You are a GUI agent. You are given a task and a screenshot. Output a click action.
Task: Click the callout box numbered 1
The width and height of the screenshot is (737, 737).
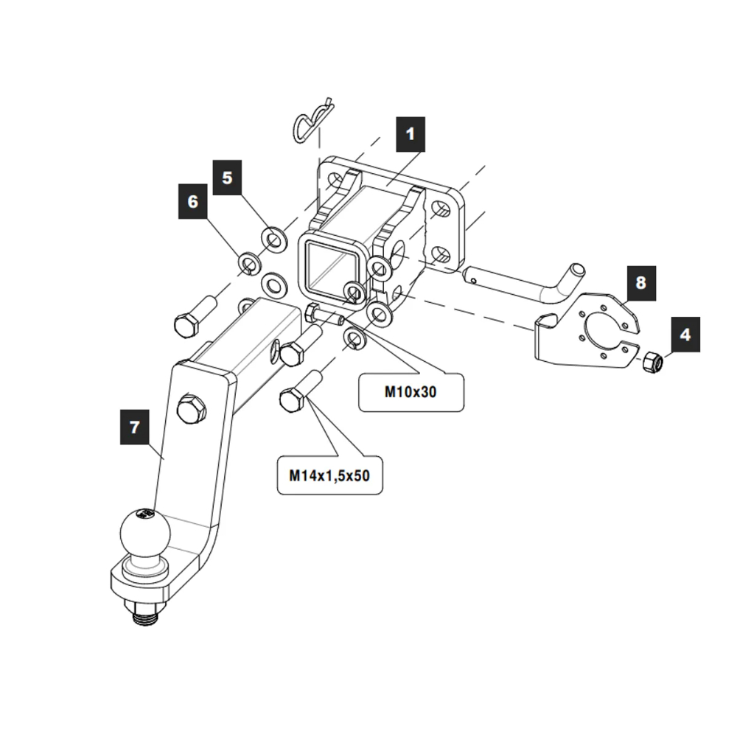[x=411, y=135]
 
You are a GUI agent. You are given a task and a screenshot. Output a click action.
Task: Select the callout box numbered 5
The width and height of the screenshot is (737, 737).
[x=227, y=177]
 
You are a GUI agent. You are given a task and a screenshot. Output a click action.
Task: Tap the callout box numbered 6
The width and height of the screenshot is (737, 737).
[x=193, y=201]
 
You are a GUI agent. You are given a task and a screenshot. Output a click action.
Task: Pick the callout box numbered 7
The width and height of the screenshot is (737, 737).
[x=134, y=427]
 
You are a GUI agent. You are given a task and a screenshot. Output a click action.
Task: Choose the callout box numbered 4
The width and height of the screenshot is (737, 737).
[x=685, y=335]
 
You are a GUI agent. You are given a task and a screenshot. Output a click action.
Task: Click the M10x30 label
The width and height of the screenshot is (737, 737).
[x=411, y=392]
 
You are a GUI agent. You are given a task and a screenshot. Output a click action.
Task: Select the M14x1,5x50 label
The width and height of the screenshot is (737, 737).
[x=329, y=476]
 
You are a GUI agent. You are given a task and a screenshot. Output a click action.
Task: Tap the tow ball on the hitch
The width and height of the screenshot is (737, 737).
[x=145, y=532]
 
